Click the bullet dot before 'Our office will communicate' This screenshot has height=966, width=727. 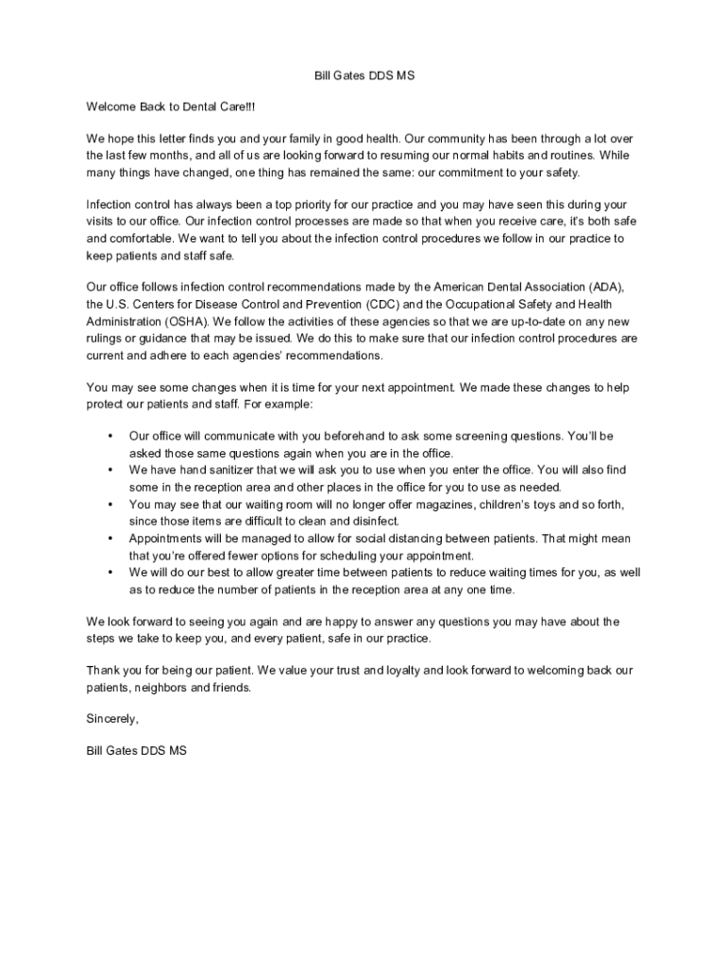point(110,436)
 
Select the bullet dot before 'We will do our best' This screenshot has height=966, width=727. point(110,573)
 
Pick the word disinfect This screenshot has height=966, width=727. point(376,522)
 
